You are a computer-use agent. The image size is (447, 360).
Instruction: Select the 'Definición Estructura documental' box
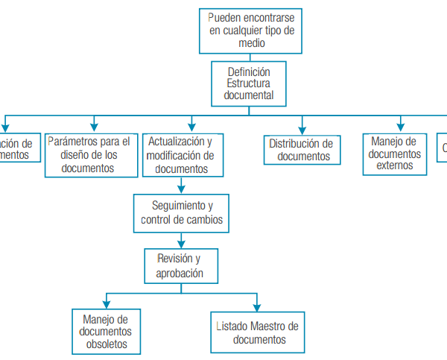[249, 83]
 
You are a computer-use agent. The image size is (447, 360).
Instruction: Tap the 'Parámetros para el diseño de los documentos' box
[88, 154]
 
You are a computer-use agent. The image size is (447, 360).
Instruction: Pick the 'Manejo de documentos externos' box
[395, 154]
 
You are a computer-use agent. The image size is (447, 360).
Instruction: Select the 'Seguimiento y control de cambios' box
[182, 212]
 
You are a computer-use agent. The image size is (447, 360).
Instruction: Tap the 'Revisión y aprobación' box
[181, 266]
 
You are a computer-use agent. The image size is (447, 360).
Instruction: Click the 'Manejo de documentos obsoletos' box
[105, 332]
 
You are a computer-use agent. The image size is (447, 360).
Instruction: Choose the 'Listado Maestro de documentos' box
[257, 332]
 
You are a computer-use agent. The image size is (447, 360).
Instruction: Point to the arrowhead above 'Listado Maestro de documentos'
[257, 306]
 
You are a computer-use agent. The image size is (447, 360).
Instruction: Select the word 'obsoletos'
[105, 344]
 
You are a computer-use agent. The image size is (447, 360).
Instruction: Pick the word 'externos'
[395, 165]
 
